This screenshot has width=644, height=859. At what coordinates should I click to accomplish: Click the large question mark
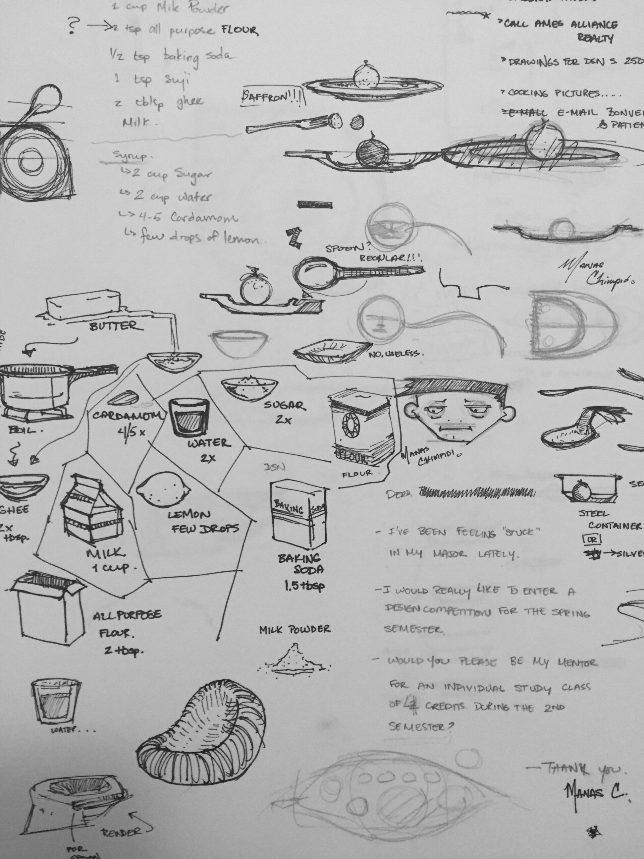tap(74, 26)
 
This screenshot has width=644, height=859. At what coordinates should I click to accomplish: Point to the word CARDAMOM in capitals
tap(127, 416)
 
